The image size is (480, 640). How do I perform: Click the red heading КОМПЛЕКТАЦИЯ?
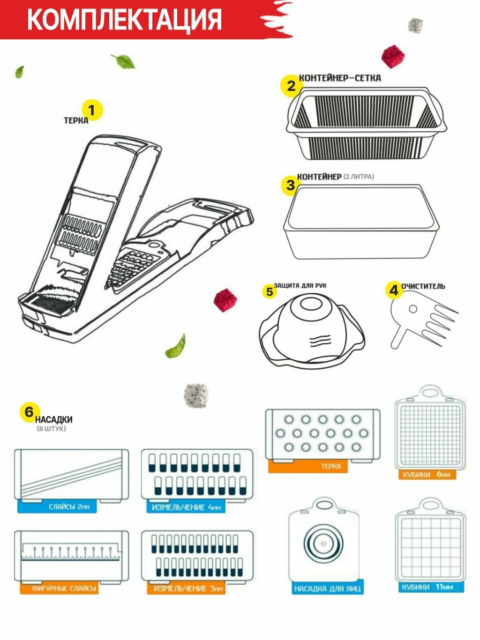[x=124, y=19]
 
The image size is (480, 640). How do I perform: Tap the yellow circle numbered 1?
[x=92, y=111]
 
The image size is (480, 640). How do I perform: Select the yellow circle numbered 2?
[x=291, y=86]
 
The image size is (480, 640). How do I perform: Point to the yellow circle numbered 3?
[x=291, y=185]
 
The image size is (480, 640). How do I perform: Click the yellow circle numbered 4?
[x=394, y=290]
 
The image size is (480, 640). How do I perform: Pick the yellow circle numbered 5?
[x=270, y=291]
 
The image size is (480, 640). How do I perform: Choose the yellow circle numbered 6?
[x=29, y=412]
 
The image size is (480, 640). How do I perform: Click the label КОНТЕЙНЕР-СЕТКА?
[x=340, y=78]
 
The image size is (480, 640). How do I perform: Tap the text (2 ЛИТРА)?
[x=359, y=177]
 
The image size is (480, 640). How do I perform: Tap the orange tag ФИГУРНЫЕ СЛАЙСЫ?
[x=59, y=588]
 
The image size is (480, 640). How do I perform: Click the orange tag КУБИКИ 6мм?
[x=427, y=475]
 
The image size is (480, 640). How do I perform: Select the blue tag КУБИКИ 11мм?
[x=427, y=587]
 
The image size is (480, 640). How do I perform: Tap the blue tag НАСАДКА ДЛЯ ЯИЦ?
[x=328, y=588]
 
